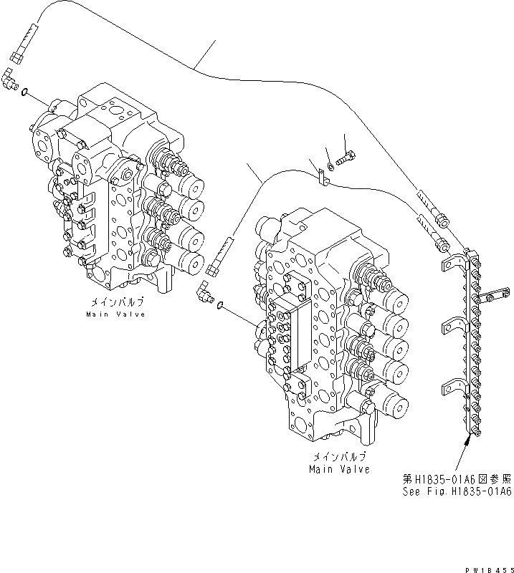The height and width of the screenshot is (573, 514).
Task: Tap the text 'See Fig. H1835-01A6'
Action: [x=457, y=492]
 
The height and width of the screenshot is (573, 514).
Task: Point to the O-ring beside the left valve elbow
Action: [x=25, y=92]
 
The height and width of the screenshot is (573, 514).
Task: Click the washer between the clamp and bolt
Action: [x=330, y=168]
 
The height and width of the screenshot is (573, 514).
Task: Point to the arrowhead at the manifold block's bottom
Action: [x=468, y=440]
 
